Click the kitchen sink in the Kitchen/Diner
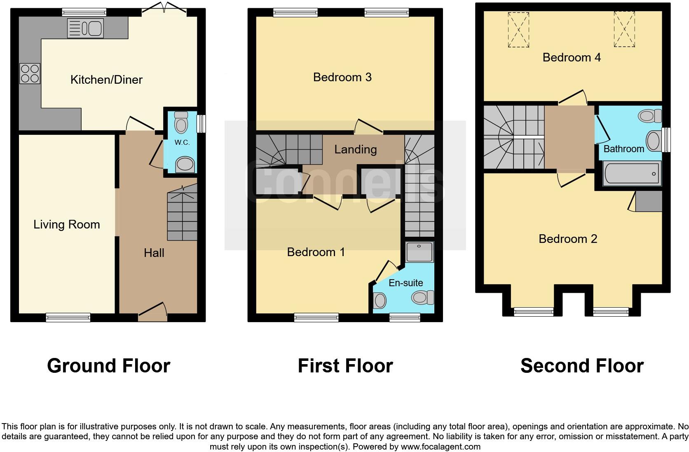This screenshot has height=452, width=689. point(86,28)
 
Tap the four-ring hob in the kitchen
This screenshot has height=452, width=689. point(30,74)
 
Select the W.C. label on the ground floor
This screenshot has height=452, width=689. point(182,143)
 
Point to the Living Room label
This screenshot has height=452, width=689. point(67,224)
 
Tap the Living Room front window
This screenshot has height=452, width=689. point(68,317)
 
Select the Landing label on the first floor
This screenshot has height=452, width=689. point(355,149)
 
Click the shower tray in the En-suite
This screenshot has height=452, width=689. point(419,252)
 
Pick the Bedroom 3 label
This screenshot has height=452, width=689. point(342,77)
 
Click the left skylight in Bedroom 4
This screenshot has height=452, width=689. point(518,30)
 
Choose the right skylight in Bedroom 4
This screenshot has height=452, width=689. point(624,29)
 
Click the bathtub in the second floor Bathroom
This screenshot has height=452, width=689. point(631,173)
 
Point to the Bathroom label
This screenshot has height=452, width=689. point(623,149)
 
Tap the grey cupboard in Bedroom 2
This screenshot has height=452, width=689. point(648,201)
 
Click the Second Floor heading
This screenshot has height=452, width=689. point(581,366)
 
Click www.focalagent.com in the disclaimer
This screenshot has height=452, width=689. point(441,447)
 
